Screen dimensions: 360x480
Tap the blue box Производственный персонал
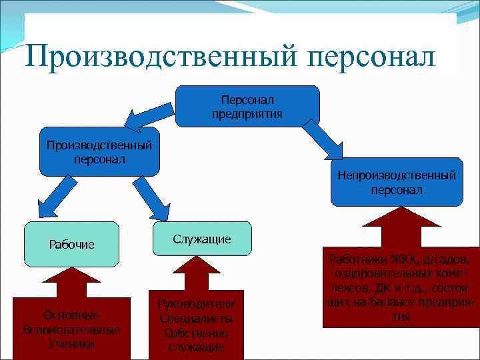click(x=99, y=152)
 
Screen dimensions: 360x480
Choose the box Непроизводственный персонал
click(x=397, y=182)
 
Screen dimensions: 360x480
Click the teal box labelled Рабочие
click(x=72, y=244)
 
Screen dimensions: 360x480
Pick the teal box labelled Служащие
click(x=201, y=239)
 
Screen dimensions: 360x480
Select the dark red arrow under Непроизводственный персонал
click(x=401, y=230)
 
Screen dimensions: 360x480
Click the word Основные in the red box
click(x=71, y=315)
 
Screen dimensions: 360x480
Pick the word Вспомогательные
click(x=71, y=329)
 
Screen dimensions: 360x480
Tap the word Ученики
click(x=71, y=344)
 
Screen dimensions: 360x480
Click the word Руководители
click(x=196, y=305)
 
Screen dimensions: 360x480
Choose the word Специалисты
click(x=196, y=319)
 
